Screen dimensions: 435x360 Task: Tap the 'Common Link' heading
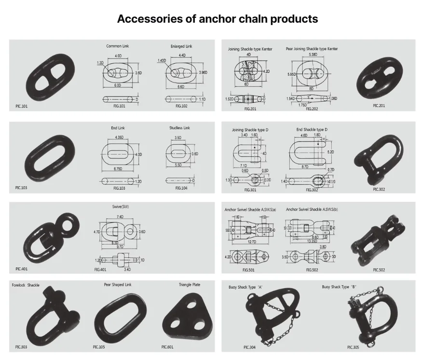[x=118, y=46]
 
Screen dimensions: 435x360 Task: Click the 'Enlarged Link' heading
[x=181, y=46]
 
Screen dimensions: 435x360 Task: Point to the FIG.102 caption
[x=181, y=106]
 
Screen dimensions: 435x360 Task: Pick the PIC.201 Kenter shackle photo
[x=380, y=77]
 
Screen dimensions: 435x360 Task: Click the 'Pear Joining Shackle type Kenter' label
[x=312, y=49]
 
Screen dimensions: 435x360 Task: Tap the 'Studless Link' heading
[x=180, y=128]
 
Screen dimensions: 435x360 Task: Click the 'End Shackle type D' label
[x=312, y=130]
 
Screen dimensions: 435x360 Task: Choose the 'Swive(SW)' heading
[x=120, y=207]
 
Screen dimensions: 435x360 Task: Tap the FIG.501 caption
[x=249, y=270]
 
